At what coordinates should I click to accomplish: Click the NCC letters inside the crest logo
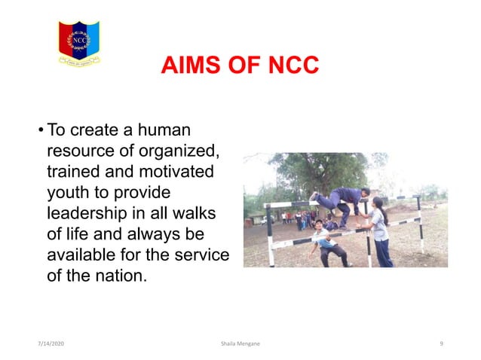tap(79, 40)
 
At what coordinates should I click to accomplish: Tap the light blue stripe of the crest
tap(92, 38)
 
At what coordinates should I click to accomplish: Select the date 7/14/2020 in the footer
tap(51, 343)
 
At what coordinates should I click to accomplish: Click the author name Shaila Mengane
tap(240, 343)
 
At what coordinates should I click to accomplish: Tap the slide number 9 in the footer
tap(440, 343)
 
